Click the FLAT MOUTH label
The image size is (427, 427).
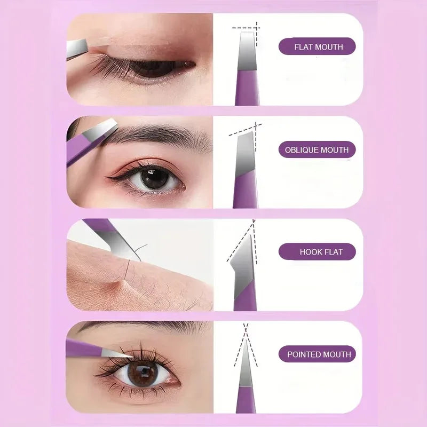[317, 47]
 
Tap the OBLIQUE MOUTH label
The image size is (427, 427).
[317, 150]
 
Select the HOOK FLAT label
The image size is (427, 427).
[317, 251]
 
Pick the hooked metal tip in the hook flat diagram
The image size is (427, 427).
[242, 259]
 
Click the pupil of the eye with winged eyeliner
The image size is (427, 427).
[155, 178]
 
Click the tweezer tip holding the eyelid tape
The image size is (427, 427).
[78, 49]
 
